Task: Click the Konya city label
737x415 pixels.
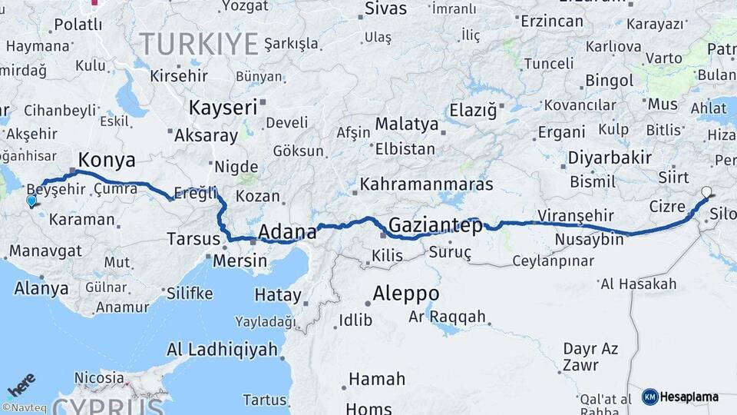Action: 107,160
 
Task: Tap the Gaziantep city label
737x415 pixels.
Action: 435,225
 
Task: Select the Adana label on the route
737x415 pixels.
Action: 287,231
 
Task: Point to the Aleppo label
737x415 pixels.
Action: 406,294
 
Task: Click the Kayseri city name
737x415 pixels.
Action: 223,107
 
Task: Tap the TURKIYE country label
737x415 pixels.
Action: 198,45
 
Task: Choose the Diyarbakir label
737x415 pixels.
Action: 610,158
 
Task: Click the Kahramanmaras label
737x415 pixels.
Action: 426,184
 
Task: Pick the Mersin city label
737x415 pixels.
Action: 240,261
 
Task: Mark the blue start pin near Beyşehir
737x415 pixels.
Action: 31,201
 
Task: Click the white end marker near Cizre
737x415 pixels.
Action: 706,192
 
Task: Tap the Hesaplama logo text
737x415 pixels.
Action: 689,397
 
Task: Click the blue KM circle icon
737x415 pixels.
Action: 649,397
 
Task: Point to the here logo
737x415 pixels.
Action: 21,384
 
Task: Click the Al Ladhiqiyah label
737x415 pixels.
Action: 222,350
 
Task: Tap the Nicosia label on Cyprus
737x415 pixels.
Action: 99,378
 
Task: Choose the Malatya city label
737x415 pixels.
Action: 406,124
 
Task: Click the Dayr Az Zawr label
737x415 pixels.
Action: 590,357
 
